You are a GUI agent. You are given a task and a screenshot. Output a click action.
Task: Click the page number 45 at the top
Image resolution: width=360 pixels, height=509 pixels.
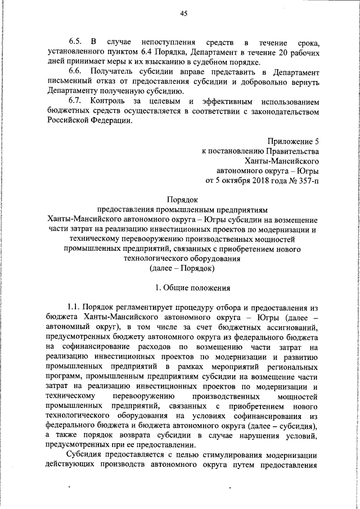(x=183, y=14)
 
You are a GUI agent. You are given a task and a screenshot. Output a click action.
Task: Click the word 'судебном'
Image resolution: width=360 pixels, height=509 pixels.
(x=186, y=62)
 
